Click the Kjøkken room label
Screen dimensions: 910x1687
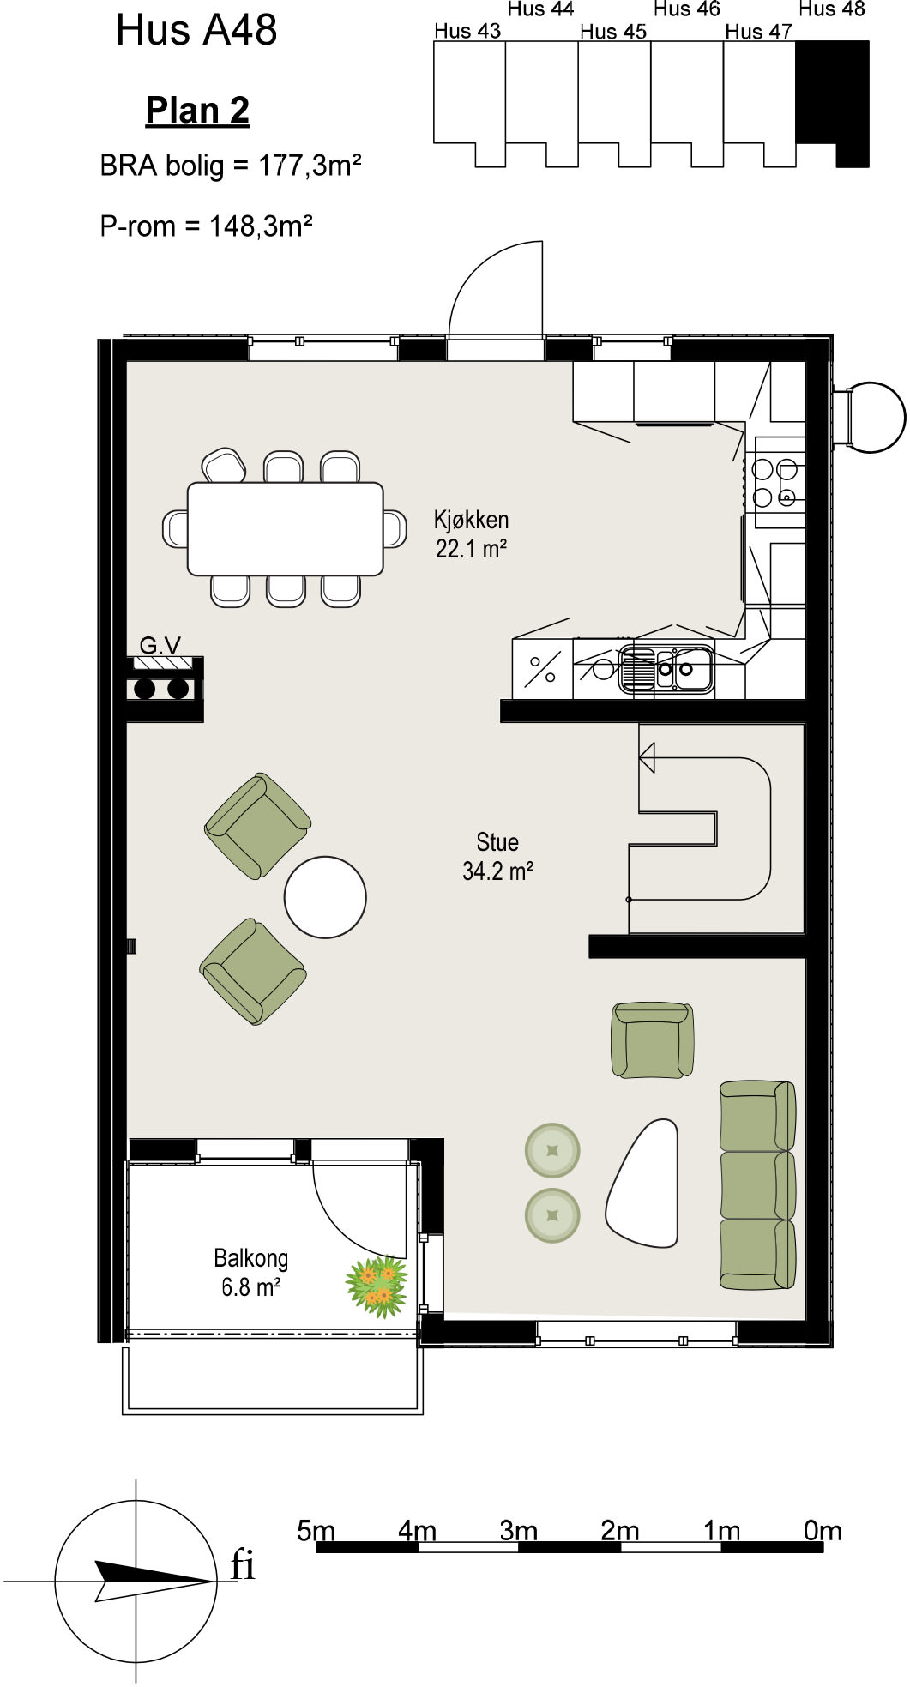[471, 520]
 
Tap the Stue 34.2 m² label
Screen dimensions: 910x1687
[497, 856]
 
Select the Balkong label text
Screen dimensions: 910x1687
[250, 1258]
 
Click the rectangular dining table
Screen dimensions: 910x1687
[286, 528]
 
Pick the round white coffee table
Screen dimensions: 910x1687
[325, 897]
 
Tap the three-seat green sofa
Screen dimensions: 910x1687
[757, 1184]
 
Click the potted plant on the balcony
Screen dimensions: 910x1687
[377, 1286]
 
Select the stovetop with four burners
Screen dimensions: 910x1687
[774, 482]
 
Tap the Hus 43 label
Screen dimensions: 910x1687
[467, 31]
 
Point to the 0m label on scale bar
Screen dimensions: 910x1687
[823, 1531]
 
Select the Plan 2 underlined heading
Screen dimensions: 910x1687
[197, 111]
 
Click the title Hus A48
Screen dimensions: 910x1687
[196, 30]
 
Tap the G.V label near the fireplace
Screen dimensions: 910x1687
[160, 645]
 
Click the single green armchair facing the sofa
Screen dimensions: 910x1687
[652, 1040]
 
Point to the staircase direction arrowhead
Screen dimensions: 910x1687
[647, 758]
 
